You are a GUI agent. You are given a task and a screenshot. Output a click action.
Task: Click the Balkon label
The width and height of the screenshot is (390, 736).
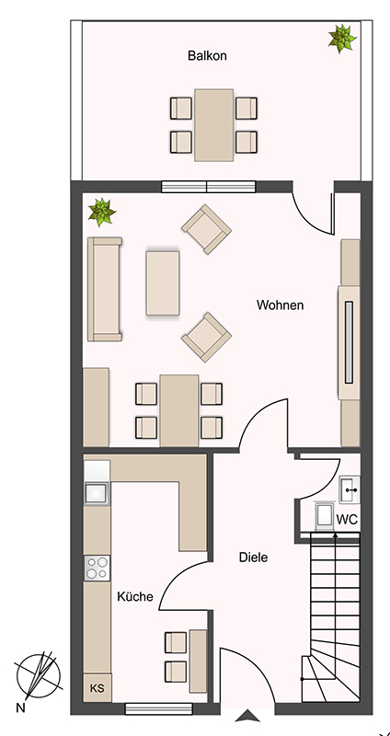207,56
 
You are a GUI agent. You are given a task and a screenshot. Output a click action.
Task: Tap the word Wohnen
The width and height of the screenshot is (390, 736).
281,305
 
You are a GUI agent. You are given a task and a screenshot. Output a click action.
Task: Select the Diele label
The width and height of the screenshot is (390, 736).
254,558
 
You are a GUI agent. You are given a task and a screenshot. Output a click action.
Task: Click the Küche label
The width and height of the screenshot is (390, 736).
135,596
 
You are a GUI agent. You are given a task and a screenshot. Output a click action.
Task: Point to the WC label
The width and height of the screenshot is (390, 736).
348,520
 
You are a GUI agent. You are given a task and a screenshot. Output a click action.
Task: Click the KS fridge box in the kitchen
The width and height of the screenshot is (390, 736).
97,688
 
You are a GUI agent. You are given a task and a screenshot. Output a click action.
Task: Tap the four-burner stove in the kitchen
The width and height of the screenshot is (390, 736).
97,568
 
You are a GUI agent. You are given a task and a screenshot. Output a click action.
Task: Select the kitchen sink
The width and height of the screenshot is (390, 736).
97,493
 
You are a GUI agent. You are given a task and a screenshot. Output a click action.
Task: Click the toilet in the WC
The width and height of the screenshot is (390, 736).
325,516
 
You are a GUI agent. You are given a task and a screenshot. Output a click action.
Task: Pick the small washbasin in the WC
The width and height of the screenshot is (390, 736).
350,489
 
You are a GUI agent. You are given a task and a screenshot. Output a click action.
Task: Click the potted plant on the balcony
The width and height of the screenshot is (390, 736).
342,38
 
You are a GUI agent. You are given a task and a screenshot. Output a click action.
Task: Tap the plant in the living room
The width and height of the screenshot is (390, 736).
102,212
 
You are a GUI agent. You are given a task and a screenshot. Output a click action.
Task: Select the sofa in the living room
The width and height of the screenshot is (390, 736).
105,289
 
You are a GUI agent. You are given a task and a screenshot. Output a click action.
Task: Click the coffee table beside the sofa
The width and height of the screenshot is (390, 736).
163,283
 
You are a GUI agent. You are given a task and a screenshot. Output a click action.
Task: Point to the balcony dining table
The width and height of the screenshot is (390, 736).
214,125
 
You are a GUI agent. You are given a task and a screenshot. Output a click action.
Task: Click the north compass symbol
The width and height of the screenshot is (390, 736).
38,676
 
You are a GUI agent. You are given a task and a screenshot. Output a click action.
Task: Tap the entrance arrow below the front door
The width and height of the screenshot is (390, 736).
247,716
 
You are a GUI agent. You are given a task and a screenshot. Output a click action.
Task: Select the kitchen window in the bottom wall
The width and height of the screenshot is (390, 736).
158,708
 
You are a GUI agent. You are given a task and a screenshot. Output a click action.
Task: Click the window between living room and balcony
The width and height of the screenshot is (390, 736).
209,187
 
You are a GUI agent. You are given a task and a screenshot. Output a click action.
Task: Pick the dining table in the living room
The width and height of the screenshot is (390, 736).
178,410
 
